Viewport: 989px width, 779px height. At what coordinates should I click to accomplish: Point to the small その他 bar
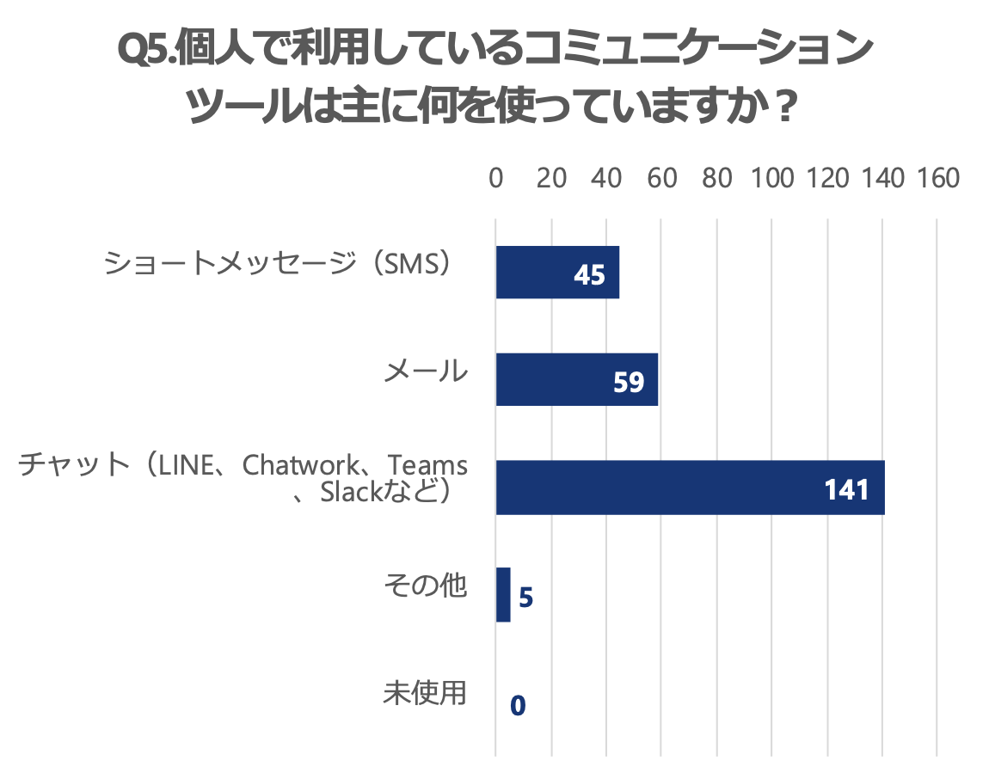pyautogui.click(x=503, y=595)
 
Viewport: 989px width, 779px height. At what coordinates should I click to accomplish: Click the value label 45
pyautogui.click(x=589, y=275)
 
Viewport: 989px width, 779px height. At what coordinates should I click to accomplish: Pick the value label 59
pyautogui.click(x=629, y=382)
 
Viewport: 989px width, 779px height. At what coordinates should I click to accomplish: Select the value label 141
pyautogui.click(x=847, y=489)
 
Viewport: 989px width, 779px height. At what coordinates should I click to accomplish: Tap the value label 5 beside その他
pyautogui.click(x=526, y=597)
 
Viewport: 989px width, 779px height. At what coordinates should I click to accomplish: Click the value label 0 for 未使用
pyautogui.click(x=518, y=705)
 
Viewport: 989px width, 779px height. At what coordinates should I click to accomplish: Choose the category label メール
pyautogui.click(x=426, y=371)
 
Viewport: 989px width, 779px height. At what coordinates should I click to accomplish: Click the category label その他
pyautogui.click(x=426, y=586)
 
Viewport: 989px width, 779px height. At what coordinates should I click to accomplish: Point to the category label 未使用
pyautogui.click(x=426, y=694)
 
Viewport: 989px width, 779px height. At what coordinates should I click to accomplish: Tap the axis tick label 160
pyautogui.click(x=937, y=178)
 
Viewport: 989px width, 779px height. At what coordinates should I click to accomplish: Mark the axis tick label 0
pyautogui.click(x=496, y=178)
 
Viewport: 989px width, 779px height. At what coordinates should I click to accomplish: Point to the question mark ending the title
pyautogui.click(x=781, y=109)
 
